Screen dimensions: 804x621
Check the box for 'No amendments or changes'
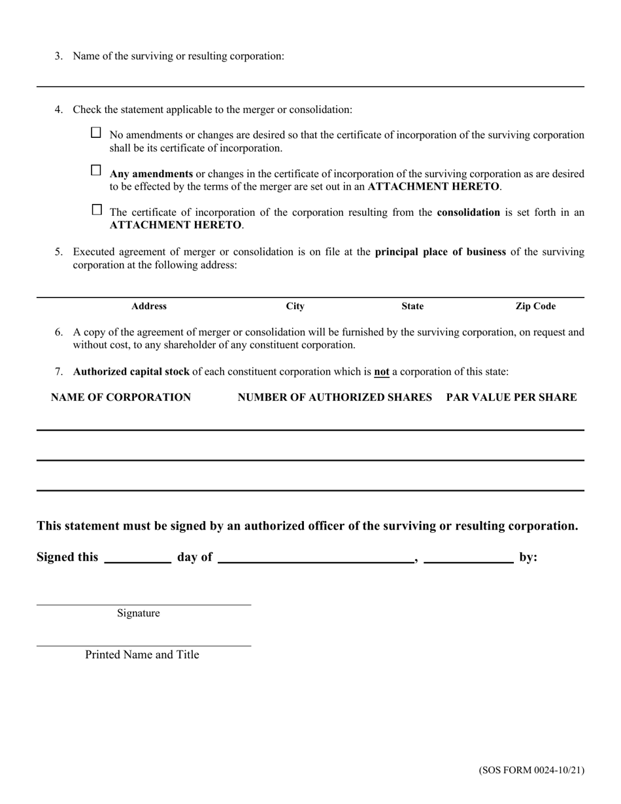click(x=96, y=133)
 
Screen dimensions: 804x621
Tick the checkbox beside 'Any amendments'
click(x=96, y=171)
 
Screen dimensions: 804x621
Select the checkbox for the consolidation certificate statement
click(x=97, y=210)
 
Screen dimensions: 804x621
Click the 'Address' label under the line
click(x=149, y=306)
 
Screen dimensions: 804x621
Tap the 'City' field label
click(x=295, y=306)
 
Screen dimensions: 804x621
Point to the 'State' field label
click(x=412, y=306)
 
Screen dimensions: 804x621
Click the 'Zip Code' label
click(x=535, y=306)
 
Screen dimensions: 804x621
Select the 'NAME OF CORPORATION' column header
click(x=121, y=397)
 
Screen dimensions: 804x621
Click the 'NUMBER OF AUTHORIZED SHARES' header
click(x=335, y=397)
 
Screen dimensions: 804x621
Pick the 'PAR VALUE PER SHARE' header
click(x=511, y=397)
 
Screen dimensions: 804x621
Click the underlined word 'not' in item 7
click(x=381, y=372)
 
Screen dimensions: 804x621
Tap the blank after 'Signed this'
click(x=137, y=557)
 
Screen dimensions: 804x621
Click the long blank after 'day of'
click(x=316, y=557)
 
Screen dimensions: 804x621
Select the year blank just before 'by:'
click(x=468, y=557)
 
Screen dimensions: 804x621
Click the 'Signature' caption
click(x=139, y=613)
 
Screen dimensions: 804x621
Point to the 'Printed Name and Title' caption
click(x=142, y=654)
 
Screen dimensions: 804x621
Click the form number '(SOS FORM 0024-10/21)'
click(x=531, y=770)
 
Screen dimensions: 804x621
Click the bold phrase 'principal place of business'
click(x=440, y=252)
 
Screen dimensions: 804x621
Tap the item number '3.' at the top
click(x=59, y=56)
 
